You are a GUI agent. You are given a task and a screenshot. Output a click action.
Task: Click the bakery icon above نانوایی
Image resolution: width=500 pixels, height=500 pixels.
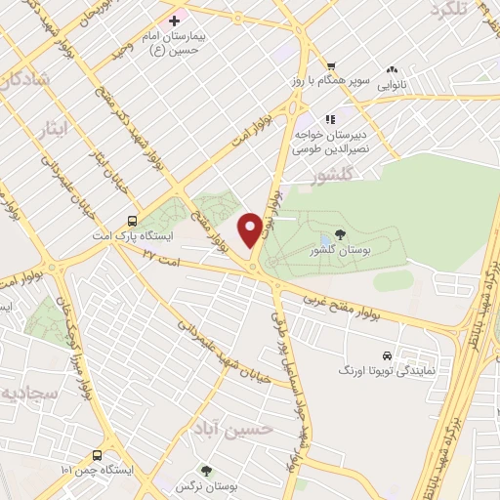[392, 70]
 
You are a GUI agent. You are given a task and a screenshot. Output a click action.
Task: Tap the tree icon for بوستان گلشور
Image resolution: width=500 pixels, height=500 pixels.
[340, 234]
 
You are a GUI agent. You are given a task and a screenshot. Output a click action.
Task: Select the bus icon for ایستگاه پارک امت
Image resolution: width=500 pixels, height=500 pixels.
[132, 220]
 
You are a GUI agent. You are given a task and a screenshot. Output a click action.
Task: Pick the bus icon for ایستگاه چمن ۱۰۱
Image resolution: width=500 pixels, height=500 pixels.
[97, 456]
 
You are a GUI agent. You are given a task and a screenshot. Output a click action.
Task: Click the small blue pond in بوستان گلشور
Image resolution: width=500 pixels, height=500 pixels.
[325, 240]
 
